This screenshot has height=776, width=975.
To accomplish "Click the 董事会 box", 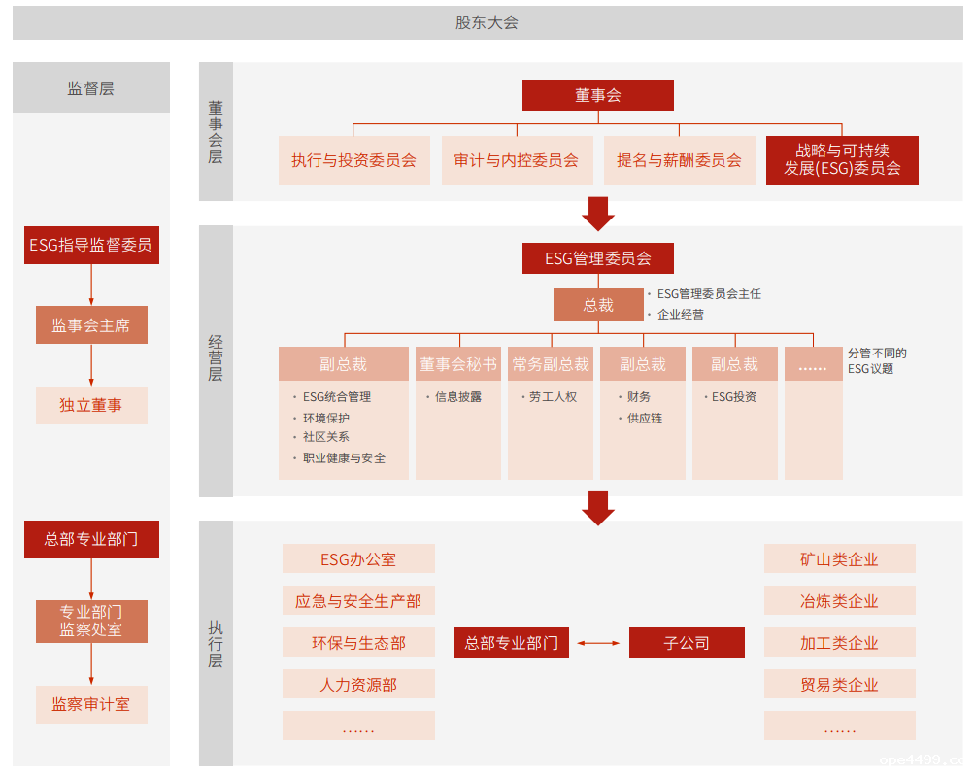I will [597, 95].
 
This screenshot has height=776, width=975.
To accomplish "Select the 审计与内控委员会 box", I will [516, 160].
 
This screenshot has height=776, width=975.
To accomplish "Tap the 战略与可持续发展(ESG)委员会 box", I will [842, 159].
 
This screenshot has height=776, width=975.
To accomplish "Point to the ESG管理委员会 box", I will [597, 258].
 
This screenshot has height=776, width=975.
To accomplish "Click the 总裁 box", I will [598, 305].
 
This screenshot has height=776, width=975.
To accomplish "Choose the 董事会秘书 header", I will [458, 364].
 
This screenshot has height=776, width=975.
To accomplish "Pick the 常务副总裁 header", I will [551, 364].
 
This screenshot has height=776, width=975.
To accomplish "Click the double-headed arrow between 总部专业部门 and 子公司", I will [597, 643].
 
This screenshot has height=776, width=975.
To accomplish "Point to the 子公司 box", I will [687, 643].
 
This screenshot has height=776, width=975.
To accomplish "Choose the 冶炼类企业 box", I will [839, 601].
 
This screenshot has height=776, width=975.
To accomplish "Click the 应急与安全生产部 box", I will [358, 601].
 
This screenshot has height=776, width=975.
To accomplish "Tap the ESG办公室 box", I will [358, 559].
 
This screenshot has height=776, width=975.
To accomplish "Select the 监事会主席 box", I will [91, 325].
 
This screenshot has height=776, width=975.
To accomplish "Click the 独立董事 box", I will [91, 405].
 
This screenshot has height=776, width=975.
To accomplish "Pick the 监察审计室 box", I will [91, 704].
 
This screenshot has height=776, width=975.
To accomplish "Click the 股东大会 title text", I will [487, 22].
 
